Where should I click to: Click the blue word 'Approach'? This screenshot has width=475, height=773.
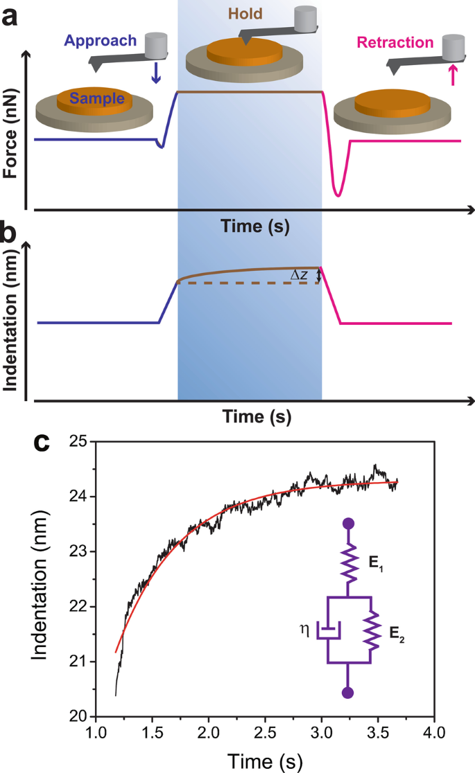tap(101, 40)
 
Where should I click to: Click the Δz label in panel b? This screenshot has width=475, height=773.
tap(300, 276)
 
